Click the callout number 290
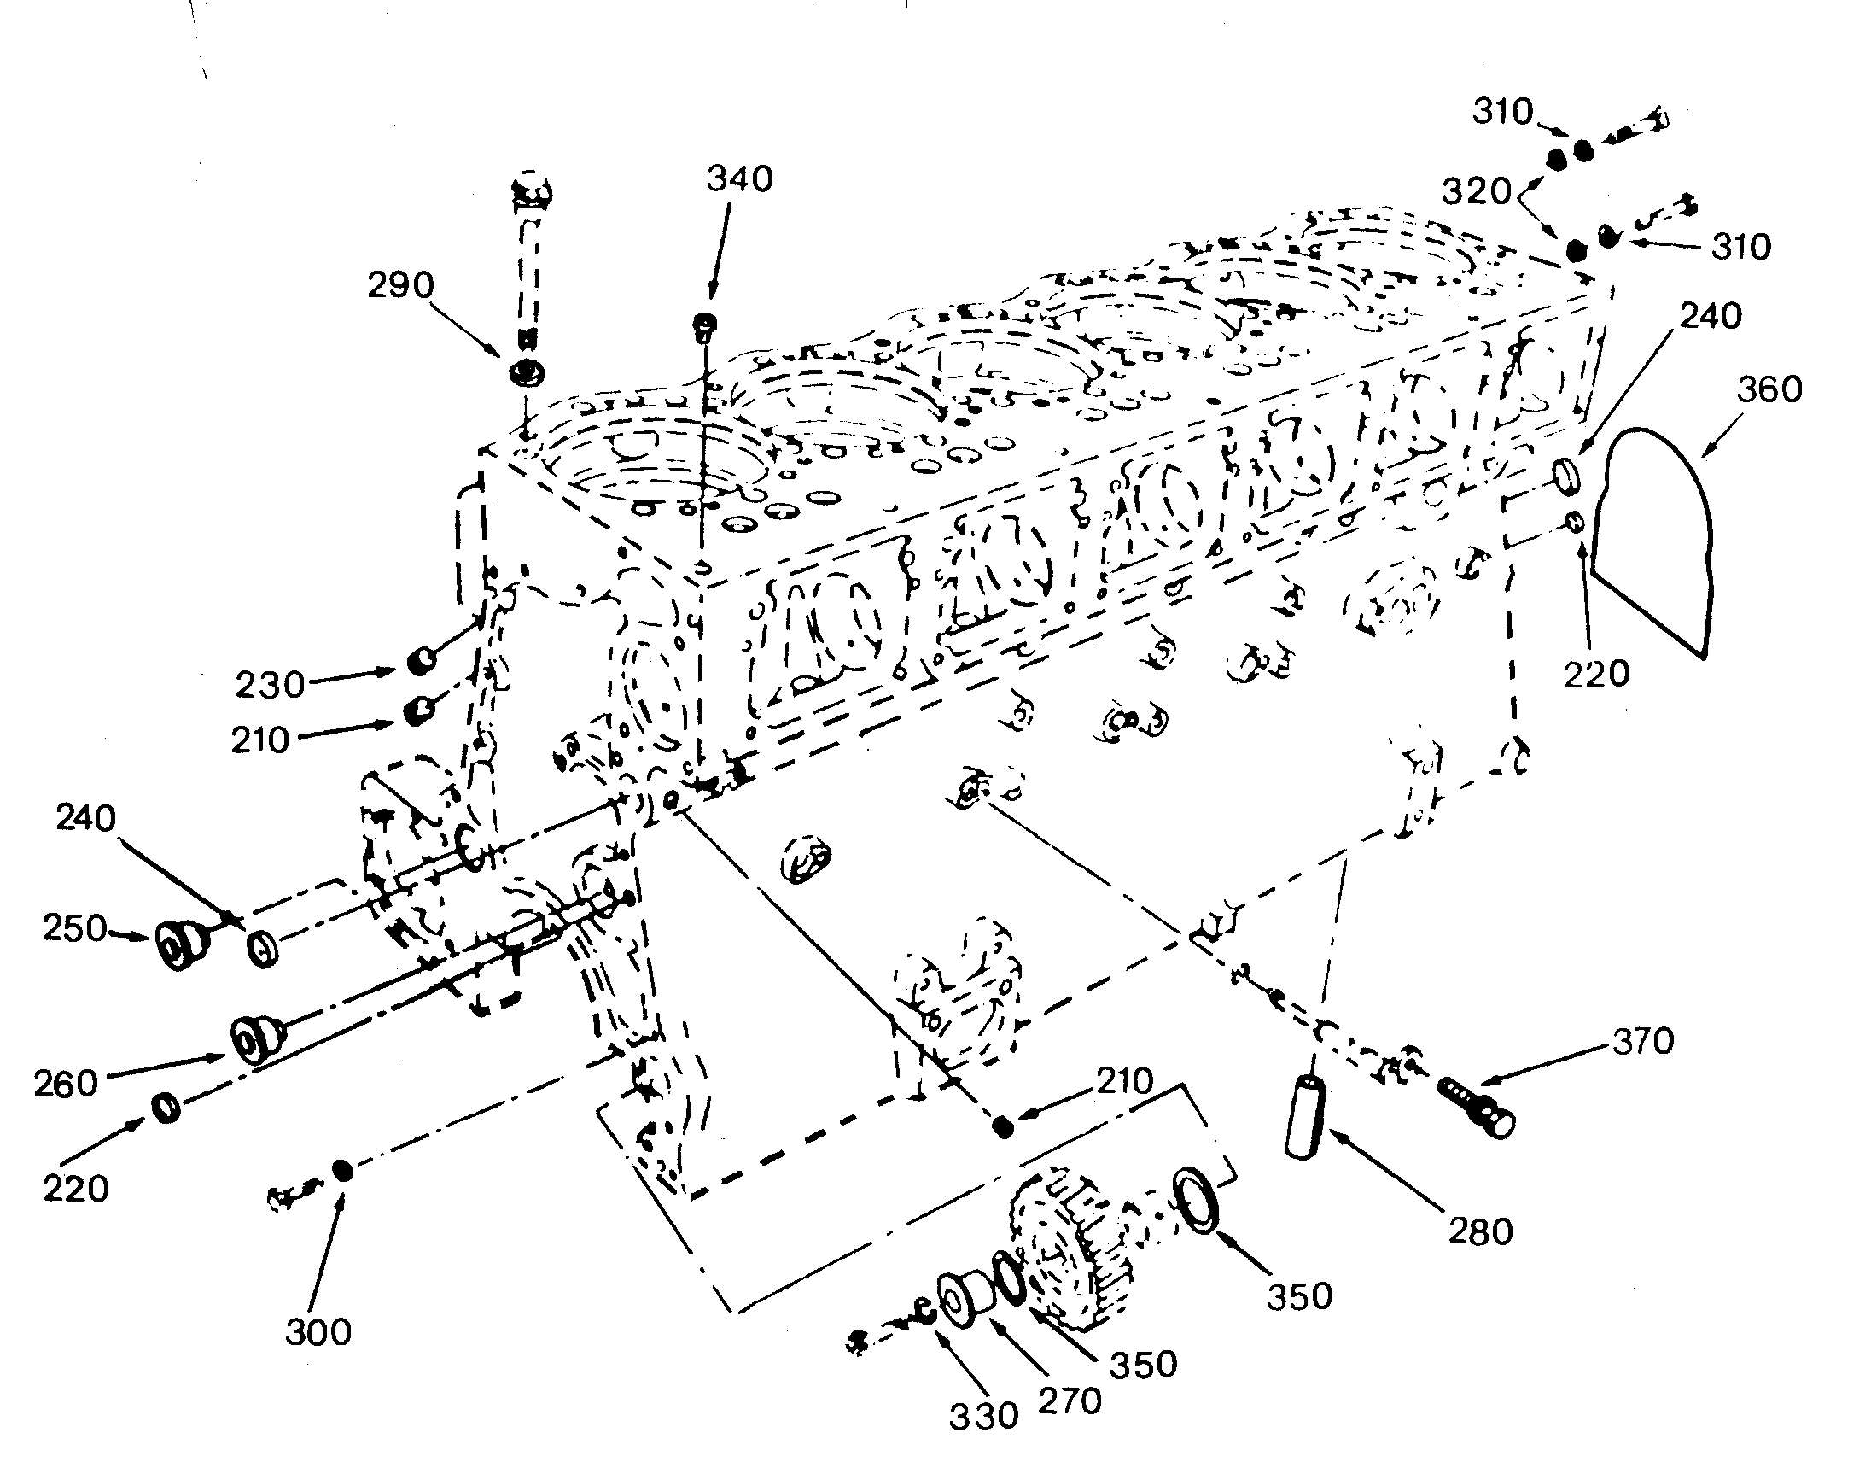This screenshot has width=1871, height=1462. click(x=401, y=284)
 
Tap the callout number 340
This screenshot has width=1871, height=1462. click(x=740, y=179)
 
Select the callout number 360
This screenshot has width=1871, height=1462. click(x=1770, y=390)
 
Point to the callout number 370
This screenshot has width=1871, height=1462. click(x=1642, y=1041)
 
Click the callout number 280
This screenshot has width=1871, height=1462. click(x=1481, y=1231)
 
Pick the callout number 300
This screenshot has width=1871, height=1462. click(x=318, y=1332)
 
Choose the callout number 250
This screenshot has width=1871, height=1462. click(x=75, y=928)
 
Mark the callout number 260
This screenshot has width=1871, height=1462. click(x=67, y=1084)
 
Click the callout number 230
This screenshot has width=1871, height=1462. click(x=271, y=685)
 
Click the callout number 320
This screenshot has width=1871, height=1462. click(x=1476, y=192)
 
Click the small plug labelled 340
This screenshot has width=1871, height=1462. click(x=705, y=325)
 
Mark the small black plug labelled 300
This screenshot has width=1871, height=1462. click(x=343, y=1172)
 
